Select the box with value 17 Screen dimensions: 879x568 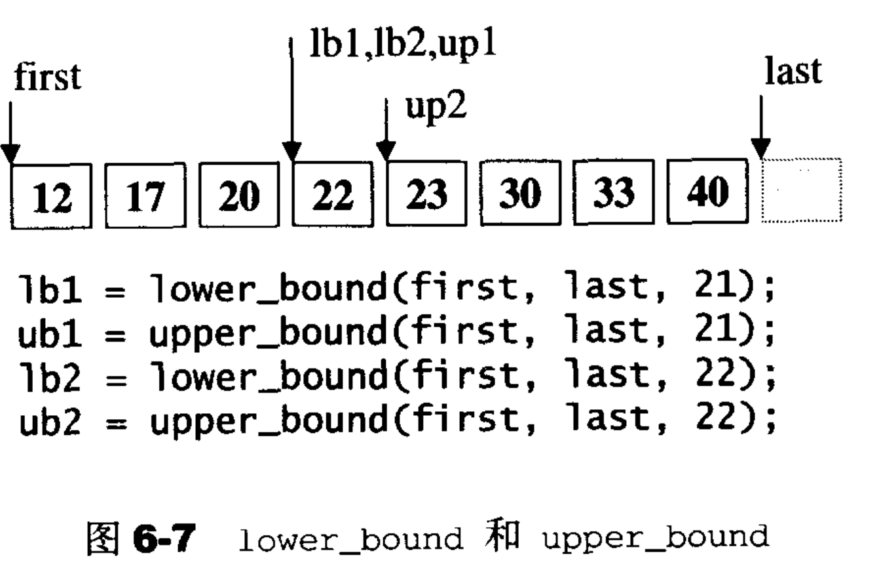144,192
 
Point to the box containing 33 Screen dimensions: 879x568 615,192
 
